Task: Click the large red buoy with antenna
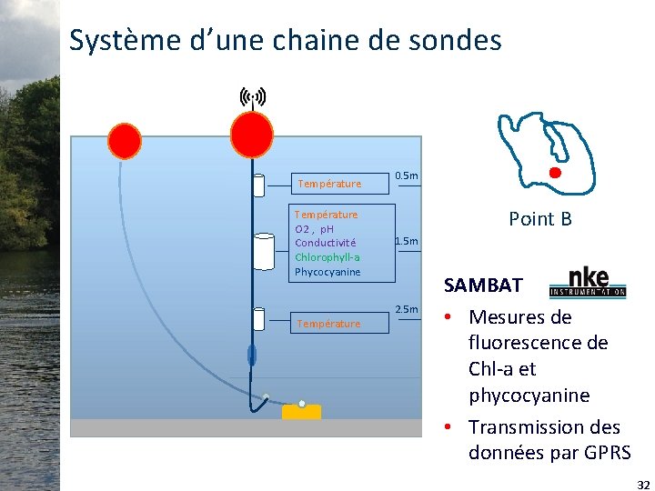click(251, 135)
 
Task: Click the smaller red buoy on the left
click(125, 141)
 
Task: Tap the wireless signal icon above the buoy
click(252, 95)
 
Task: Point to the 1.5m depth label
click(406, 241)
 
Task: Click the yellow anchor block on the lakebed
click(301, 412)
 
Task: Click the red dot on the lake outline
click(555, 173)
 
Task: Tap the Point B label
click(540, 218)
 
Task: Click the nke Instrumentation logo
click(588, 283)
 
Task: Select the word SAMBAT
click(483, 286)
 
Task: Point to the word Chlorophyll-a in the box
click(327, 257)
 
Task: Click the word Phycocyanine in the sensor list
click(327, 272)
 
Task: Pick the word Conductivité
click(326, 243)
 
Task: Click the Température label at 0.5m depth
click(329, 184)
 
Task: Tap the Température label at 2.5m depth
click(328, 324)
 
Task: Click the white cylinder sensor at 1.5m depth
click(264, 252)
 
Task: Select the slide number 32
click(643, 485)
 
